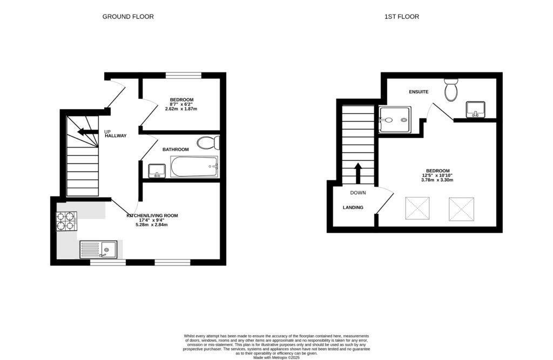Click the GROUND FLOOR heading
128,17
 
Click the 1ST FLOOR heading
401,17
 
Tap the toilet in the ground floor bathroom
208,143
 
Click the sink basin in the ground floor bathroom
157,171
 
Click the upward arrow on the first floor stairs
358,173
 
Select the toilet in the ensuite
451,90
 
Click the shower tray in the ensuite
394,119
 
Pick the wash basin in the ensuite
476,110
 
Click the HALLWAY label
116,136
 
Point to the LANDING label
353,207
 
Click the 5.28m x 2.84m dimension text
151,225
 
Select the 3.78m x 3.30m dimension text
437,180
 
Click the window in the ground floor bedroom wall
183,75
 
